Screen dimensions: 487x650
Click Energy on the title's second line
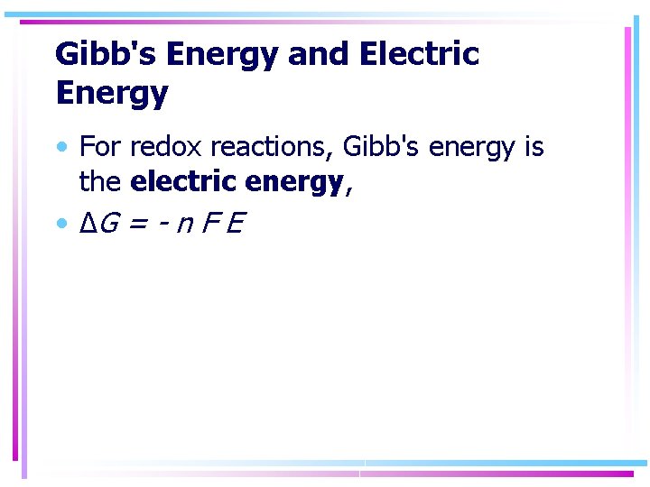[111, 92]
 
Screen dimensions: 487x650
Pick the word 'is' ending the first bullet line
[534, 146]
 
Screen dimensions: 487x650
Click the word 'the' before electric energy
[99, 181]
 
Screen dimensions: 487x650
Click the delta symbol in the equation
[88, 221]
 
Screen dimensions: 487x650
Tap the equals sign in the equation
[138, 223]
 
